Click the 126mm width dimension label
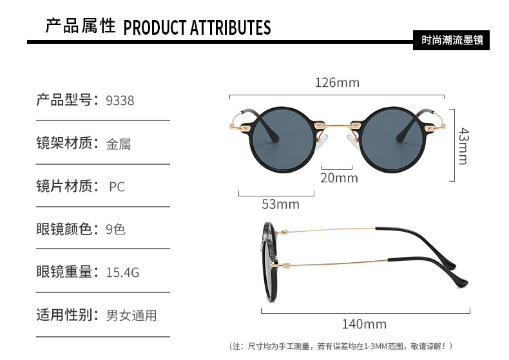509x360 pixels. (x=337, y=83)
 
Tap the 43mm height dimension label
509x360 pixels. (x=463, y=146)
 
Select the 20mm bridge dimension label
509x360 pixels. (x=339, y=178)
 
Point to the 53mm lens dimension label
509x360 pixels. (x=280, y=204)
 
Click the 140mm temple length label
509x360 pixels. (x=364, y=324)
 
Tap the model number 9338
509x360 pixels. (x=120, y=100)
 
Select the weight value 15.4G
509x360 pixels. (x=122, y=272)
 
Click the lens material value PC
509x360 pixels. (x=117, y=187)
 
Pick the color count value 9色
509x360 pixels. (x=115, y=229)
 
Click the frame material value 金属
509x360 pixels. (x=119, y=144)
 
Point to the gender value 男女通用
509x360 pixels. (x=131, y=316)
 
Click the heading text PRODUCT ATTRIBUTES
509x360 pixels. (x=197, y=28)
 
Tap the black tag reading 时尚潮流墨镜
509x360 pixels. (x=452, y=39)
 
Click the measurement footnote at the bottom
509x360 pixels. (x=341, y=346)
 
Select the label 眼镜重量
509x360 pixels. (x=66, y=272)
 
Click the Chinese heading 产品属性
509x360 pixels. (x=80, y=26)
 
